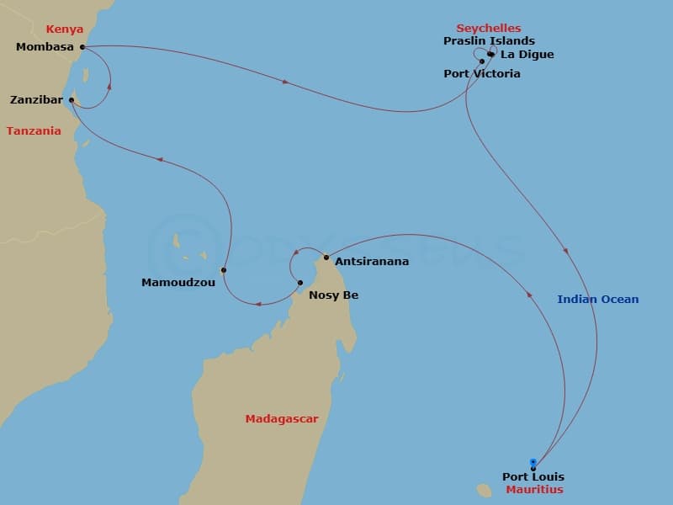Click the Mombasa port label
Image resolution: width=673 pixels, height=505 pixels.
pos(45,47)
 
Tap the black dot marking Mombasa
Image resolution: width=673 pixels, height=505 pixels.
pos(82,47)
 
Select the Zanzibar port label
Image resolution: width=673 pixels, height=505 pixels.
pos(35,100)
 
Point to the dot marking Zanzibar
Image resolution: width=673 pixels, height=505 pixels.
pos(72,100)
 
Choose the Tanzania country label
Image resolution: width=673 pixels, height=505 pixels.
pos(34,130)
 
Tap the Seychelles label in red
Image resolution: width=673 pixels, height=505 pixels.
pos(489,28)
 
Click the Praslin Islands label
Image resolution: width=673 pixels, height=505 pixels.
pos(489,40)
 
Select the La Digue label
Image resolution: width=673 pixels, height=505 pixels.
pos(527,55)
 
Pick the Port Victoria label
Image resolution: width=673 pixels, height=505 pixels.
pos(482,74)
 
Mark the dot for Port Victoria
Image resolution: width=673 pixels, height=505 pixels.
pos(482,61)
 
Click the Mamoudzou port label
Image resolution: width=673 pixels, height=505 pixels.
pos(178,283)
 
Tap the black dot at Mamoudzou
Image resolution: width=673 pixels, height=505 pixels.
pos(224,270)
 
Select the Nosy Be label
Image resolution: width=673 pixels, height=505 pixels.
pos(334,295)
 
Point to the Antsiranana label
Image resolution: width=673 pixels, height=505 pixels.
pos(372,262)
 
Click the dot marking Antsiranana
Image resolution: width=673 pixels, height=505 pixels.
pos(326,257)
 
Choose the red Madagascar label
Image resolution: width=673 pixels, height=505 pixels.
pos(282,418)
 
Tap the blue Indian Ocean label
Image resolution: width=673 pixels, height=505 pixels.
pos(598,300)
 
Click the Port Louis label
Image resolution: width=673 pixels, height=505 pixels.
pos(533,477)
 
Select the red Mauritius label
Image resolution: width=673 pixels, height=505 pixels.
pos(535,489)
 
